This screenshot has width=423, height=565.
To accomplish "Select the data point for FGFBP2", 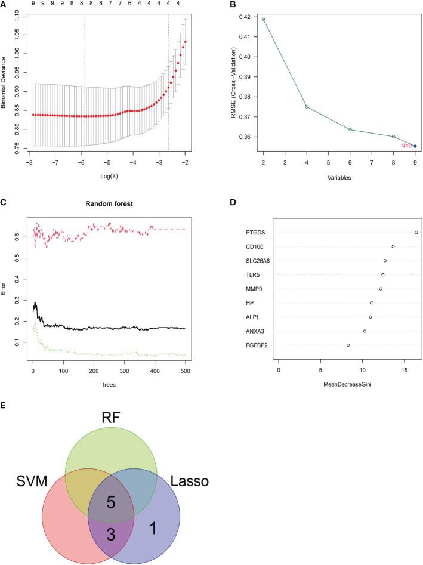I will pyautogui.click(x=348, y=345).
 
